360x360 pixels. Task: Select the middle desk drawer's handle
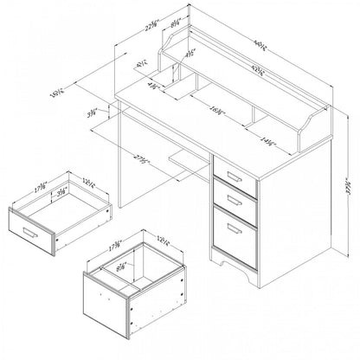point(232,201)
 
